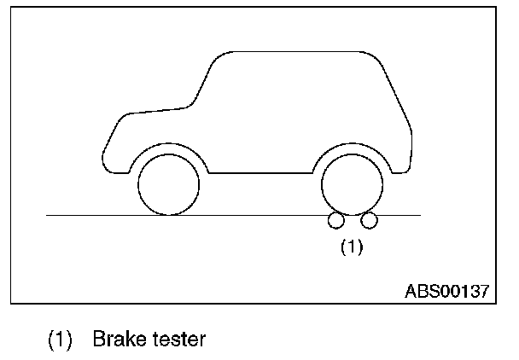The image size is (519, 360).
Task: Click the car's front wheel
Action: (168, 185)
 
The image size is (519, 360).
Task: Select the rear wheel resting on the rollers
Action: (351, 185)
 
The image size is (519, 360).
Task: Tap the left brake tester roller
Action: (335, 221)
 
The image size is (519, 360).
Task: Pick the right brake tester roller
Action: (369, 221)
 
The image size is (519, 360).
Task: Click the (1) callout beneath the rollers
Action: (352, 248)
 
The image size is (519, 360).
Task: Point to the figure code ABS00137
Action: (446, 291)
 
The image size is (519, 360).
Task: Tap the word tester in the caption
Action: (178, 340)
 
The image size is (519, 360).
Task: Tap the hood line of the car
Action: (149, 111)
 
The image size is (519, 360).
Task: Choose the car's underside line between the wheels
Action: (260, 172)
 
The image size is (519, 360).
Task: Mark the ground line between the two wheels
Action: (260, 215)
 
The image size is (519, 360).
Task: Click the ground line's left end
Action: (48, 215)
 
